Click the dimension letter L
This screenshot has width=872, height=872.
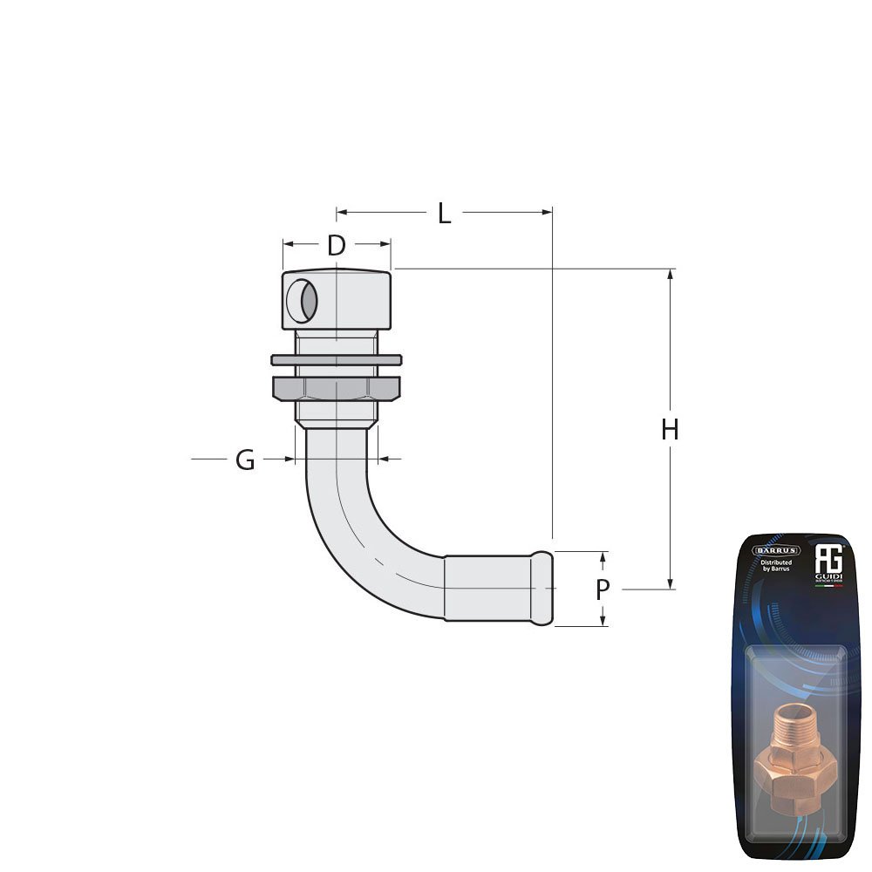(445, 214)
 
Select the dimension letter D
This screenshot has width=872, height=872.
(336, 246)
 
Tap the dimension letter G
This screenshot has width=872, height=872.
(245, 460)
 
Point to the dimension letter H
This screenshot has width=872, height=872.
(670, 430)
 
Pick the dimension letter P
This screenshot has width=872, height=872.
(603, 590)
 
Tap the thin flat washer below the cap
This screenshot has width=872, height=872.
(336, 359)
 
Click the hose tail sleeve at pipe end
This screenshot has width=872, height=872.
(497, 589)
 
